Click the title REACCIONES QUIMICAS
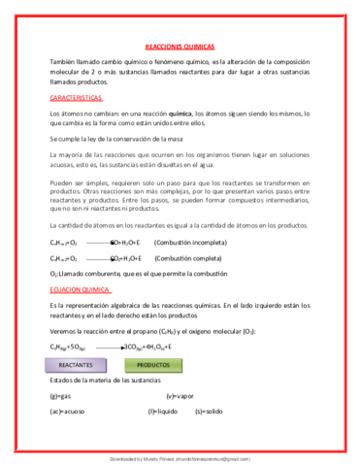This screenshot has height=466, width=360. (x=180, y=46)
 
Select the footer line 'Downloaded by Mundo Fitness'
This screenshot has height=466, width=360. (x=180, y=454)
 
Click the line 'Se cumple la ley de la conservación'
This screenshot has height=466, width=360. (x=121, y=140)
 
